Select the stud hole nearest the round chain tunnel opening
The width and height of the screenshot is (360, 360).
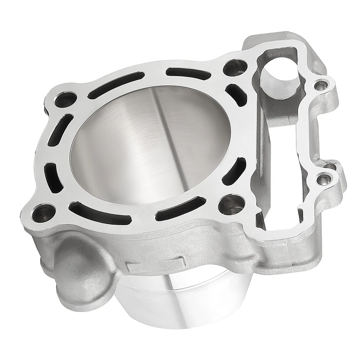tap(235, 67)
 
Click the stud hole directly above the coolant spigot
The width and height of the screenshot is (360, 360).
tap(43, 213)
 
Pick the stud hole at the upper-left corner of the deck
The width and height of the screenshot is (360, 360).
tap(66, 99)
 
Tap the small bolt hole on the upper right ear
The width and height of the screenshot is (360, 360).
tap(319, 86)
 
